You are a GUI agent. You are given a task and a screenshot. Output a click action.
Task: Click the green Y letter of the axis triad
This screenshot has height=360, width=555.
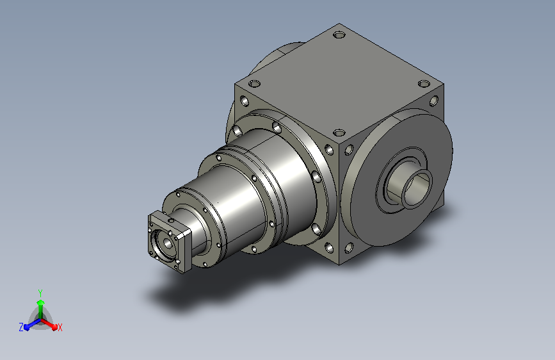[x=40, y=293]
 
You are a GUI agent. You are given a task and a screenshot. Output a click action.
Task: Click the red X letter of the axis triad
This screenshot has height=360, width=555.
[x=60, y=328]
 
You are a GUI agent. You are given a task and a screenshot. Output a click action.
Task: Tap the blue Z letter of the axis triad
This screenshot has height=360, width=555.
[x=21, y=327]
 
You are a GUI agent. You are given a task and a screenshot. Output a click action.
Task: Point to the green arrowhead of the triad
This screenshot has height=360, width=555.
[x=40, y=302]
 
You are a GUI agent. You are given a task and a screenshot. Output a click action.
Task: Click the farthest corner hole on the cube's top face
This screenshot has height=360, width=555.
[x=339, y=35]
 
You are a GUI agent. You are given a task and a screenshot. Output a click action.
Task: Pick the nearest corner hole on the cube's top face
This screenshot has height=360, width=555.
[x=339, y=133]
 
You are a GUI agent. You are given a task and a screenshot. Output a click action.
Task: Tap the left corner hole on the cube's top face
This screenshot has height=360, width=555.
[x=254, y=84]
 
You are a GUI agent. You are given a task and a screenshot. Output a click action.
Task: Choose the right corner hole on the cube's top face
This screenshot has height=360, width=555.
[x=424, y=84]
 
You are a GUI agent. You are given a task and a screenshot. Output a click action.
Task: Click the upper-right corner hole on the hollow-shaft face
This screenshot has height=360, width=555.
[x=433, y=101]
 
